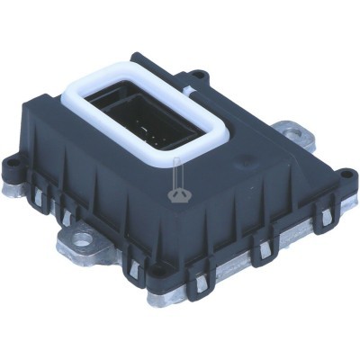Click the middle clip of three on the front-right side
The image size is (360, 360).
264,255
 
